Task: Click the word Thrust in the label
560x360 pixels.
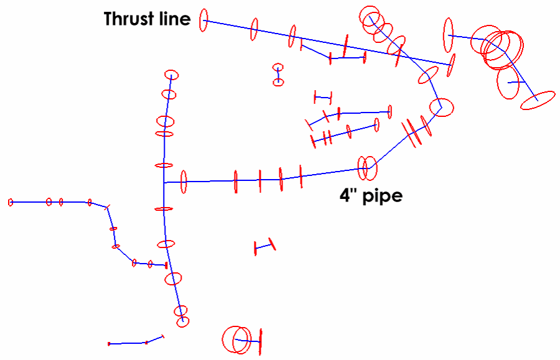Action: pyautogui.click(x=129, y=19)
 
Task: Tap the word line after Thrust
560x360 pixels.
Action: pyautogui.click(x=175, y=19)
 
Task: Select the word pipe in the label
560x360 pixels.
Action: pyautogui.click(x=383, y=196)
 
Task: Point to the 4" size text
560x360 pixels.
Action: pyautogui.click(x=348, y=195)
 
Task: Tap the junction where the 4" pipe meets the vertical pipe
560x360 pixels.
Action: pyautogui.click(x=164, y=183)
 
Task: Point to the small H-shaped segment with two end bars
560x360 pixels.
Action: pyautogui.click(x=323, y=98)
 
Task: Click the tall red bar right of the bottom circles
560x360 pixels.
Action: pyautogui.click(x=260, y=342)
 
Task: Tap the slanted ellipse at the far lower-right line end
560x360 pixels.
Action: pyautogui.click(x=538, y=100)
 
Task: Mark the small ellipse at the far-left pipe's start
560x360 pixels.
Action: pyautogui.click(x=11, y=203)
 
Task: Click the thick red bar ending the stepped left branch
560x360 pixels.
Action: pyautogui.click(x=166, y=265)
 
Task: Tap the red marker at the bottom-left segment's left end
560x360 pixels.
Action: pyautogui.click(x=109, y=344)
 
